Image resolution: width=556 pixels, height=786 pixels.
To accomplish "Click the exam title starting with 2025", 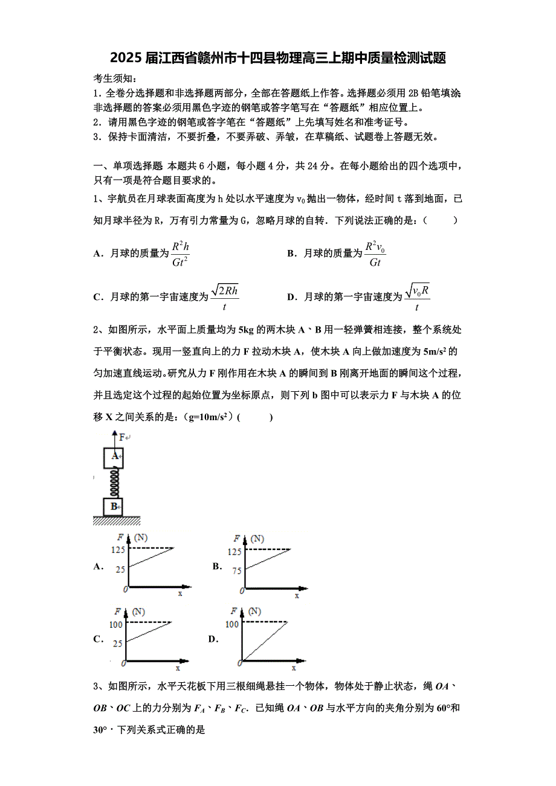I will click(x=278, y=59).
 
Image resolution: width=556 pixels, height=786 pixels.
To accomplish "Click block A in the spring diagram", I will click(x=114, y=456).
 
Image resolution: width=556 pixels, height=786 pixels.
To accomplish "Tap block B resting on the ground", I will click(x=113, y=506).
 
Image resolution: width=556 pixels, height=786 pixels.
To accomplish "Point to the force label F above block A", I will click(x=123, y=436).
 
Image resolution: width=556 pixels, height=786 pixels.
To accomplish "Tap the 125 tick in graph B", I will click(x=234, y=551).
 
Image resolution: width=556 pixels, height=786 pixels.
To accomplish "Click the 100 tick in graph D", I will click(x=231, y=624).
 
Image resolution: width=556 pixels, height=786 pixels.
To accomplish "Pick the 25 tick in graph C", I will click(x=117, y=644).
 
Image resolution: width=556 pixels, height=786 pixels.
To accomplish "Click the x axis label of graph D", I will click(x=294, y=668).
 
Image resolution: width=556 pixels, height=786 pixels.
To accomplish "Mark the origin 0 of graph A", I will click(x=125, y=589).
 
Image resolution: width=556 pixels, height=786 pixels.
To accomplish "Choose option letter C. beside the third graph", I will click(x=99, y=639).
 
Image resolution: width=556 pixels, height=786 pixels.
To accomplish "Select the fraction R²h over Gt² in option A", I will click(x=181, y=254).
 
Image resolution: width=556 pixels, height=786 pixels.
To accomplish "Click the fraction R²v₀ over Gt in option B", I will click(x=375, y=254).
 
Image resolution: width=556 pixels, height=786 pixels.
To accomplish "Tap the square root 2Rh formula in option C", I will click(x=225, y=297).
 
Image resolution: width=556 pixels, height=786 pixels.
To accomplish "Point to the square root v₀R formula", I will click(x=418, y=297).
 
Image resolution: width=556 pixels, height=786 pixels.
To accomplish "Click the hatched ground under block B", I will click(x=117, y=520).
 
